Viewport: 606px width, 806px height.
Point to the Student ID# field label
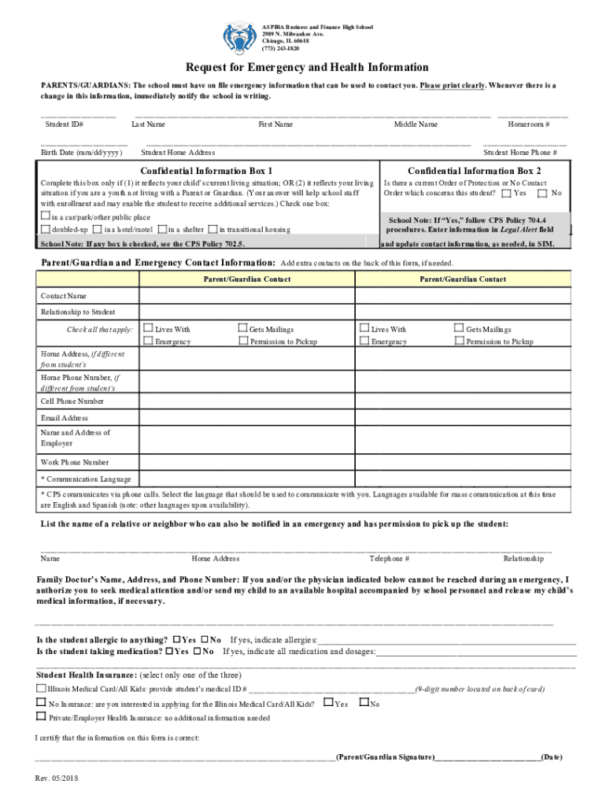(65, 124)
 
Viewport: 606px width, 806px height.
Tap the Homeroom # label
(528, 124)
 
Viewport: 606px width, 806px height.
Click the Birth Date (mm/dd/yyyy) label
(81, 152)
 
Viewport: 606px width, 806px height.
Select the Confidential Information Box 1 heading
(206, 171)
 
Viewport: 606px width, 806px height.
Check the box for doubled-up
(46, 229)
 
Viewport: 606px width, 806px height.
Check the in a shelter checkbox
(161, 229)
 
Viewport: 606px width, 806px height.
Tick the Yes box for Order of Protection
(506, 193)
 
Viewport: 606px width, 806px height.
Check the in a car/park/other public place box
(46, 216)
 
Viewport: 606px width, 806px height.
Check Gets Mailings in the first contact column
(242, 329)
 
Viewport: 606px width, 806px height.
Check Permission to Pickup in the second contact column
(459, 342)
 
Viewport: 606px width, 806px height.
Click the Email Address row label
(65, 418)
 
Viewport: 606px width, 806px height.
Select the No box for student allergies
(205, 639)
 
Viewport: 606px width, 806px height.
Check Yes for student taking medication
(170, 652)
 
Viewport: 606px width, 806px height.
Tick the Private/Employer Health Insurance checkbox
(41, 717)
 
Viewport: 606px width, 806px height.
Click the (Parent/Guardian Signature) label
(385, 757)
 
